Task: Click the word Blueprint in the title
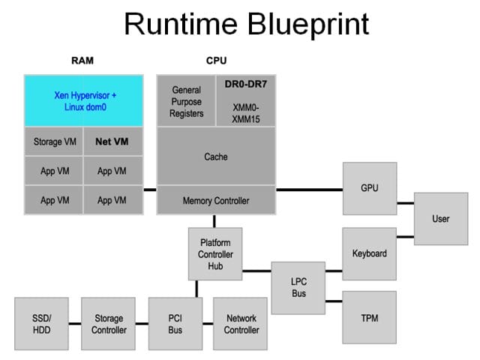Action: [x=308, y=25]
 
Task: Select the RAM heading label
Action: [x=82, y=61]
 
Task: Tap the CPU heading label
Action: [x=217, y=61]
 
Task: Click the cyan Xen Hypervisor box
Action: [x=83, y=100]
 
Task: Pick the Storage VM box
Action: [x=54, y=142]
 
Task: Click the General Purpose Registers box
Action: [x=186, y=100]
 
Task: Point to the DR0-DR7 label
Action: [x=246, y=84]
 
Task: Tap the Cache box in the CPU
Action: [x=216, y=156]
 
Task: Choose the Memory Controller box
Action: [x=216, y=200]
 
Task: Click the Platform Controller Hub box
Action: [x=215, y=253]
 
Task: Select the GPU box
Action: [x=370, y=188]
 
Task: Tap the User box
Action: [x=441, y=218]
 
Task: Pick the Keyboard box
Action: [x=370, y=253]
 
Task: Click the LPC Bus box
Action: [x=298, y=288]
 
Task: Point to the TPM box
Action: [x=370, y=317]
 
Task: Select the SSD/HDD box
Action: [x=42, y=323]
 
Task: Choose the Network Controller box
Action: [x=240, y=323]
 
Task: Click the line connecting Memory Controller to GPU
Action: [x=309, y=190]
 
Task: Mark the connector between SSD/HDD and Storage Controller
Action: [x=75, y=323]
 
